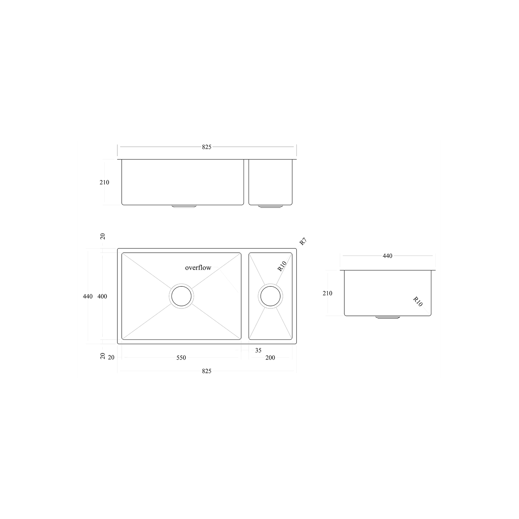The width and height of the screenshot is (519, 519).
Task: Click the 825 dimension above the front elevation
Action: click(x=207, y=147)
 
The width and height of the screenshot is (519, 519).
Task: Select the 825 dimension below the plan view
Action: click(x=207, y=371)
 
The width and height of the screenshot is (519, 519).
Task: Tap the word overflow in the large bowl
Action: click(x=198, y=268)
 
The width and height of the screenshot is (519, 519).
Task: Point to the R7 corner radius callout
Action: click(x=303, y=242)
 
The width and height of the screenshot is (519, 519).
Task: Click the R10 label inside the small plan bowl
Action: click(x=282, y=266)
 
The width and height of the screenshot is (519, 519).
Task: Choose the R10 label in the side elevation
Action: click(x=418, y=302)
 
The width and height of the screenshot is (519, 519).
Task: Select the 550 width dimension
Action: click(x=181, y=358)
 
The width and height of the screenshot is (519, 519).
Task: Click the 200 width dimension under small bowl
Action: click(x=270, y=358)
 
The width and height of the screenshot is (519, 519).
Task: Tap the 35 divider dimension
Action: click(x=258, y=350)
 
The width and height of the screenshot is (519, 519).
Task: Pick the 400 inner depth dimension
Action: click(x=102, y=296)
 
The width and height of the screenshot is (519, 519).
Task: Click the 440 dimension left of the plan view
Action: click(x=88, y=296)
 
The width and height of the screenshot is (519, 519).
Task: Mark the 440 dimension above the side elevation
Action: click(x=387, y=256)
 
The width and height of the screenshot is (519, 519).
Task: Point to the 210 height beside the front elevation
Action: click(x=104, y=182)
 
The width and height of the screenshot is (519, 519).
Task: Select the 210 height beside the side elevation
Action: click(x=327, y=293)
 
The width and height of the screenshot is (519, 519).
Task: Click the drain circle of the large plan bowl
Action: click(x=181, y=296)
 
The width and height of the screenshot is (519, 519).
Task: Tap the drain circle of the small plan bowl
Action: click(x=270, y=296)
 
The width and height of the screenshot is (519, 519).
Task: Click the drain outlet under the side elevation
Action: click(x=387, y=317)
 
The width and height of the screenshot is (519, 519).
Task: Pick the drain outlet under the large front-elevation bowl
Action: click(x=184, y=206)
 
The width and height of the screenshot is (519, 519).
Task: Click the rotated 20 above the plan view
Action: click(x=103, y=236)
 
